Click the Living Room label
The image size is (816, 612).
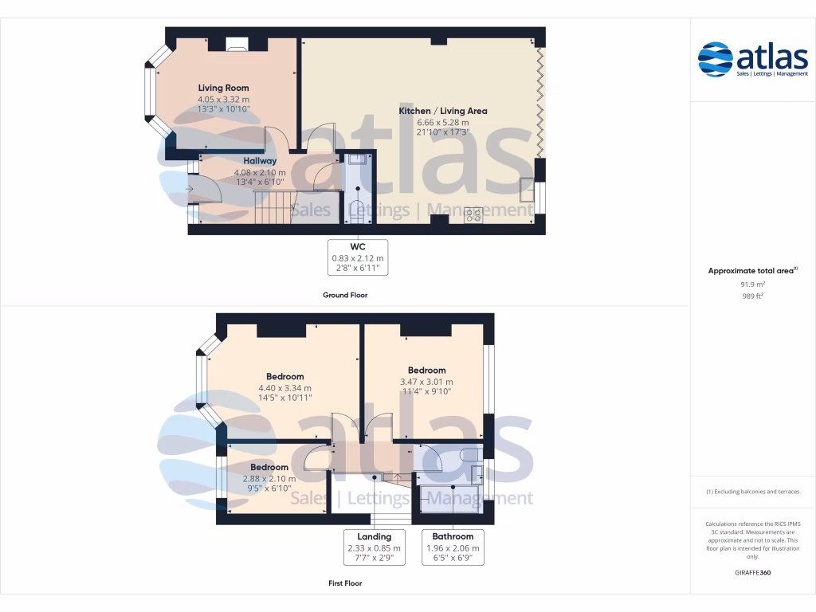pyautogui.click(x=223, y=88)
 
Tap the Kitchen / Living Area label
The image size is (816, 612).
pyautogui.click(x=443, y=111)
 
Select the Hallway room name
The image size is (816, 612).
pyautogui.click(x=260, y=161)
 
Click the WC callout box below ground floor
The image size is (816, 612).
pyautogui.click(x=358, y=257)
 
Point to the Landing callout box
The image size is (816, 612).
pyautogui.click(x=374, y=547)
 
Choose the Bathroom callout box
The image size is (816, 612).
pyautogui.click(x=453, y=547)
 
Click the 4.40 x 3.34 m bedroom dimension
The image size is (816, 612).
pyautogui.click(x=284, y=388)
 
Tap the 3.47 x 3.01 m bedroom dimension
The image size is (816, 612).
pyautogui.click(x=426, y=382)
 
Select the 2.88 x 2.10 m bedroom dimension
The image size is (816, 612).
pyautogui.click(x=269, y=479)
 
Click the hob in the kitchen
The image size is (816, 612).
pyautogui.click(x=473, y=214)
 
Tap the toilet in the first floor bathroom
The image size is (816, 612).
pyautogui.click(x=469, y=454)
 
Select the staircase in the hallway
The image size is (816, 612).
pyautogui.click(x=271, y=207)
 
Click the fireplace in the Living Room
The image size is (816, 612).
pyautogui.click(x=237, y=45)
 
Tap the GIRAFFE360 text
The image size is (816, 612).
pyautogui.click(x=752, y=573)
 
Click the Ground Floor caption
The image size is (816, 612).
pyautogui.click(x=345, y=295)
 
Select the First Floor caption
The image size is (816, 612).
pyautogui.click(x=345, y=583)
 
